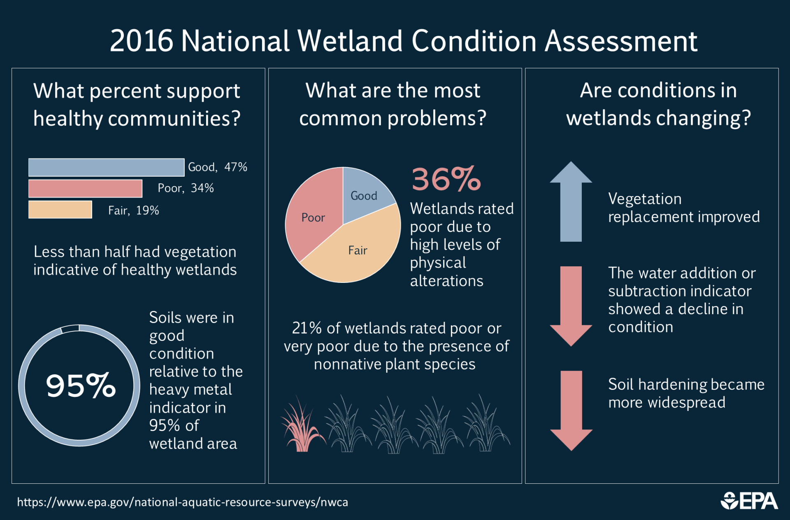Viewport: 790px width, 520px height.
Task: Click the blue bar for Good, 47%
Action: point(106,167)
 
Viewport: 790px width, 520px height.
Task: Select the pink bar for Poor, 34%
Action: point(85,189)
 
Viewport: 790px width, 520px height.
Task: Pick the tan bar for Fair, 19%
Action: point(60,210)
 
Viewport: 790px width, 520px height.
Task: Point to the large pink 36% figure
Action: point(446,180)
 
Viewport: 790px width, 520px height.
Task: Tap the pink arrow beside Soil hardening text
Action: point(571,410)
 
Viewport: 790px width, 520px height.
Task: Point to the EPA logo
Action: point(749,501)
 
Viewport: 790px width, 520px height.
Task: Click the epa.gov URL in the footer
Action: point(182,502)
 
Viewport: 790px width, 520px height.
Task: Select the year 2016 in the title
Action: point(141,41)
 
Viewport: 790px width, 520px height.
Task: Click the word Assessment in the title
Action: point(621,41)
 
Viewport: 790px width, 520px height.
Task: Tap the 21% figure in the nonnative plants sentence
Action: point(306,328)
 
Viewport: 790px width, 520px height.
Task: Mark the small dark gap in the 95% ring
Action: point(70,329)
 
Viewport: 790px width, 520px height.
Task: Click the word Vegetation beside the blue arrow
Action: point(645,199)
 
